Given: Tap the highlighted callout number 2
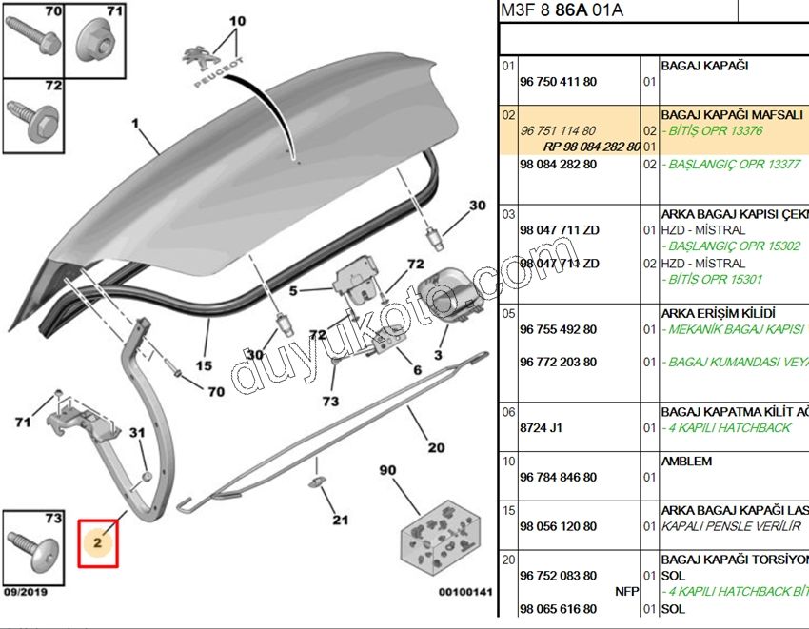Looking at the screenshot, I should point(98,543).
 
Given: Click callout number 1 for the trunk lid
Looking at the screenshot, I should point(135,123).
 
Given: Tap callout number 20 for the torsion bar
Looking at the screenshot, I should point(436,447).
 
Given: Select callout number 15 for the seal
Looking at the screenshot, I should point(203,364).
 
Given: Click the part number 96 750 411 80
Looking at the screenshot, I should point(559,83).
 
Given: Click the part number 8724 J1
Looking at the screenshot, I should point(541,428).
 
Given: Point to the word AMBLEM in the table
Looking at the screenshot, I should point(686,462).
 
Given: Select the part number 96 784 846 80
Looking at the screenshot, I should point(559,478).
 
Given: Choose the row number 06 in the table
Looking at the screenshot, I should point(508,412).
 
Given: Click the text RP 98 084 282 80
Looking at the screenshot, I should point(591,147).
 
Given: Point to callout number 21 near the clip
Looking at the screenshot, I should point(340,520).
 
